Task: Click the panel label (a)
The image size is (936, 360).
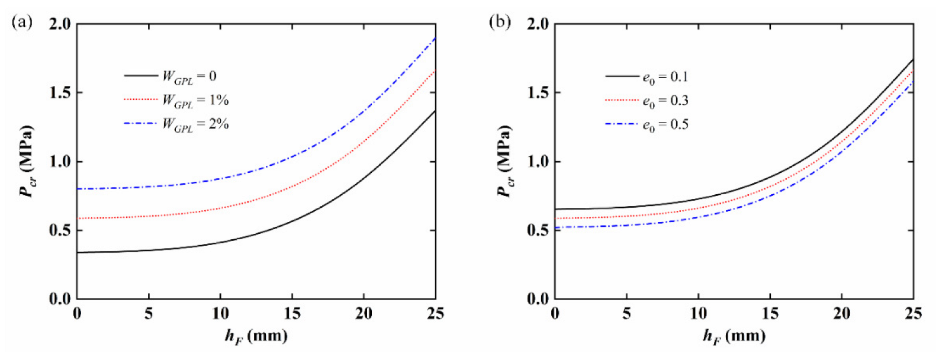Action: (21, 23)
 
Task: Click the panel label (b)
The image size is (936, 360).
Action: (499, 23)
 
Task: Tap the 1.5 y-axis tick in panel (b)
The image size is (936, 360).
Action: (537, 93)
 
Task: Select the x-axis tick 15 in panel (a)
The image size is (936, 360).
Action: (292, 314)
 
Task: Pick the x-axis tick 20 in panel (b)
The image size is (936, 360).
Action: (841, 314)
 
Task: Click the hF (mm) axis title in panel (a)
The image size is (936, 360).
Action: (256, 336)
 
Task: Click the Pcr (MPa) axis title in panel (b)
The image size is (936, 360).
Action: (505, 161)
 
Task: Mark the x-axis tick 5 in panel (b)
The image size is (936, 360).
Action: (626, 314)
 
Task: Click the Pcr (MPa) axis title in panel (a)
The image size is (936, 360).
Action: (27, 161)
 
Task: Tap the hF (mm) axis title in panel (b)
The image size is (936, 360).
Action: (734, 336)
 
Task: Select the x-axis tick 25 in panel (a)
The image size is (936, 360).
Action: (435, 314)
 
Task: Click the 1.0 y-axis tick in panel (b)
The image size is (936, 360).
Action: (537, 162)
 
